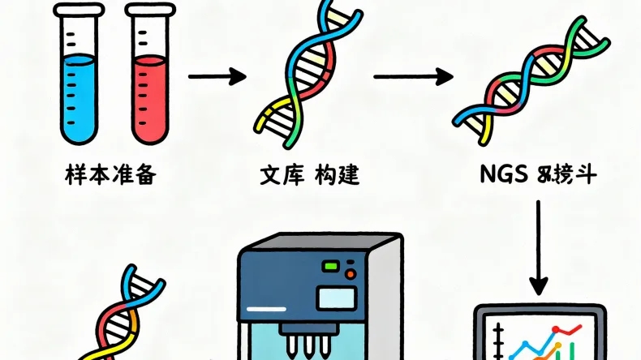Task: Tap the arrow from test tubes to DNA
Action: tap(216, 77)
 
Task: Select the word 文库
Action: tap(277, 174)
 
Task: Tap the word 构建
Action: tap(337, 174)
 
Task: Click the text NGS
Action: tap(501, 174)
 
